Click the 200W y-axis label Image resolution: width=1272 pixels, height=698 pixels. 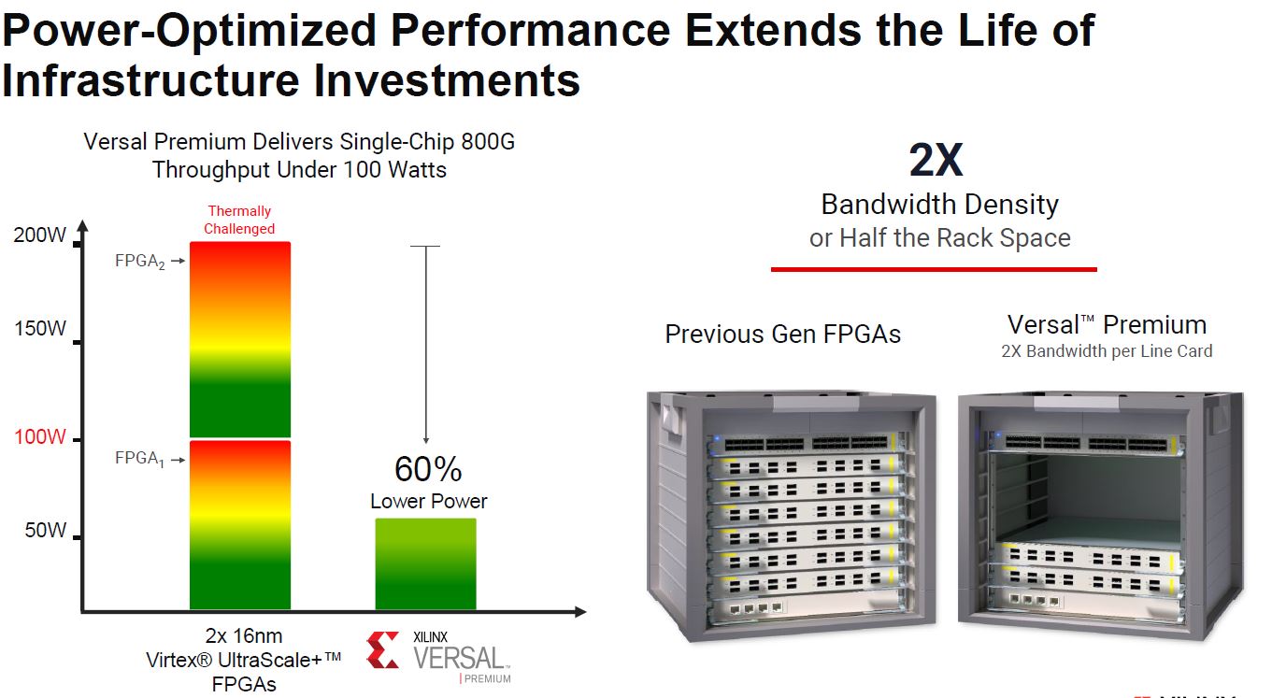pyautogui.click(x=40, y=235)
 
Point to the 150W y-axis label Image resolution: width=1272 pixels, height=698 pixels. pyautogui.click(x=40, y=329)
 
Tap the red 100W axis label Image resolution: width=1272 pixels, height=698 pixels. pyautogui.click(x=40, y=438)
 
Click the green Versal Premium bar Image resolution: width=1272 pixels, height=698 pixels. pyautogui.click(x=425, y=564)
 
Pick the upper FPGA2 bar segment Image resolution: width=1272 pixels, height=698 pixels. pyautogui.click(x=240, y=339)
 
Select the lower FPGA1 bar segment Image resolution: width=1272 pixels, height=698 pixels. pyautogui.click(x=240, y=524)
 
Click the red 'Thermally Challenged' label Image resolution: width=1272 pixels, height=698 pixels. pyautogui.click(x=240, y=220)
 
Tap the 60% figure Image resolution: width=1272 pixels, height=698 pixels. pyautogui.click(x=428, y=469)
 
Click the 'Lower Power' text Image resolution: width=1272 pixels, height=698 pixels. pyautogui.click(x=428, y=501)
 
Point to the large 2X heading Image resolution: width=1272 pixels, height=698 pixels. pyautogui.click(x=935, y=161)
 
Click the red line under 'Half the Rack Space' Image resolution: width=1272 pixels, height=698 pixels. pyautogui.click(x=933, y=269)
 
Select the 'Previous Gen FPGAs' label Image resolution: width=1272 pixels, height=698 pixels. pyautogui.click(x=782, y=335)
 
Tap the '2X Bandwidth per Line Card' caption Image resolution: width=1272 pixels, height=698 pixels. pyautogui.click(x=1107, y=351)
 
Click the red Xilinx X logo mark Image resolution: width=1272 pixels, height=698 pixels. pyautogui.click(x=382, y=650)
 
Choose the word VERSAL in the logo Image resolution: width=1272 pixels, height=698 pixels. pyautogui.click(x=459, y=658)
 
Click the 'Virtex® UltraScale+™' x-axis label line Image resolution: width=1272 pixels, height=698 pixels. pyautogui.click(x=244, y=660)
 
